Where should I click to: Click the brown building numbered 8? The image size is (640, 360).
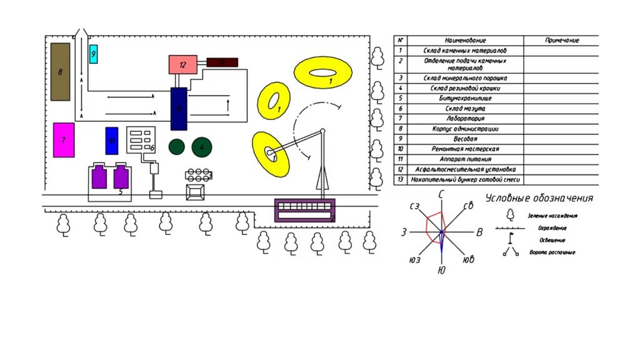point(60,71)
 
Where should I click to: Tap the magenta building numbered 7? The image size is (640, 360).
point(64,140)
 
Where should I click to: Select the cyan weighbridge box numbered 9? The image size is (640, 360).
point(94,54)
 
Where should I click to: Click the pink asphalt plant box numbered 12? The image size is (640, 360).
point(182,64)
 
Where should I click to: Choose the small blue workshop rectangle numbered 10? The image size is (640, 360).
point(112,141)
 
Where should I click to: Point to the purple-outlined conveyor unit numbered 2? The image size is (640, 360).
point(305,210)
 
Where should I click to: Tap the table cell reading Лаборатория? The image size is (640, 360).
point(465,119)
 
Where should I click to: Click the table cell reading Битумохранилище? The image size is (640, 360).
point(465,99)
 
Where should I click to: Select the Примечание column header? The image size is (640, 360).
point(561,41)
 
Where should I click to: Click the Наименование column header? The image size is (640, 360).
point(465,41)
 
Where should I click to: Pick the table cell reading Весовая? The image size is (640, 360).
point(465,139)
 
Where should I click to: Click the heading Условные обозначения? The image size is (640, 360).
point(539,199)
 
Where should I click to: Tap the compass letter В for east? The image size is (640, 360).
point(479,233)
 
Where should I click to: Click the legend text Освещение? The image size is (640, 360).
point(552,240)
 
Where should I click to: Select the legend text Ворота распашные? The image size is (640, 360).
point(552,252)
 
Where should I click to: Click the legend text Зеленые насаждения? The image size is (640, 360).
point(552,216)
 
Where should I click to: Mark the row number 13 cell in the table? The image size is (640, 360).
point(400,179)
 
